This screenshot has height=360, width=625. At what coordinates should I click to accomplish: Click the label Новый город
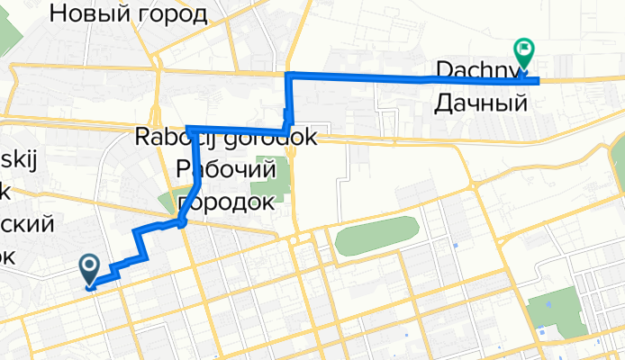(129, 13)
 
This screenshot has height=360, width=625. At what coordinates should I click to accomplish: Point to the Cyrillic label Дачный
(480, 103)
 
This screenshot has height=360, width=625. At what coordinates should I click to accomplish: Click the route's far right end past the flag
(537, 81)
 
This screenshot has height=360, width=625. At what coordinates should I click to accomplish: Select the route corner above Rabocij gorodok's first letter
(187, 128)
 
